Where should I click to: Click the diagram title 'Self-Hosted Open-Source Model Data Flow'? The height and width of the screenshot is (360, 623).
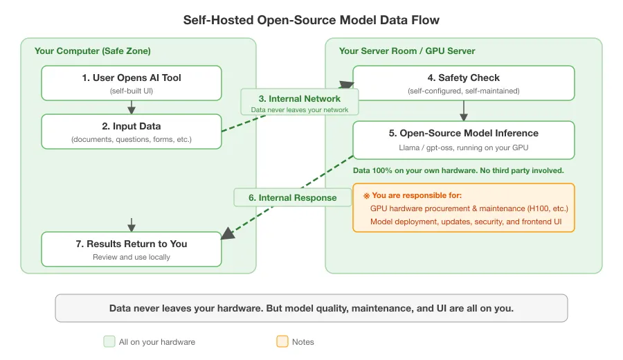(x=311, y=19)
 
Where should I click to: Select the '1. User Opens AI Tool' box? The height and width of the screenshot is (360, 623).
(x=132, y=83)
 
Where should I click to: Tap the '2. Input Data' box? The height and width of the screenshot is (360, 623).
(x=132, y=132)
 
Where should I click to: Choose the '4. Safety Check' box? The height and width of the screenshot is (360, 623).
(x=463, y=83)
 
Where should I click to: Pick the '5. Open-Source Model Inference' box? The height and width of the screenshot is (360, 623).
(x=463, y=140)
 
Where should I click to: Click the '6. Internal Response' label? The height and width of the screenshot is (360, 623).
(x=293, y=197)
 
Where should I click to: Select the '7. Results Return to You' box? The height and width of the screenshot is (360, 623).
(x=132, y=249)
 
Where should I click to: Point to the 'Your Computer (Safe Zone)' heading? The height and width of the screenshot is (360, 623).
(x=93, y=51)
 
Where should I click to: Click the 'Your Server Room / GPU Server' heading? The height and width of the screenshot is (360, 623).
(x=407, y=51)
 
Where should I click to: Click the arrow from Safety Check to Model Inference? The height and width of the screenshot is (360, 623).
(x=464, y=111)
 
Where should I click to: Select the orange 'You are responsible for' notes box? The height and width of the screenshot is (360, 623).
(x=463, y=208)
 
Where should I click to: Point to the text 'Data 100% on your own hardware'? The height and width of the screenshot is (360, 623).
(x=458, y=170)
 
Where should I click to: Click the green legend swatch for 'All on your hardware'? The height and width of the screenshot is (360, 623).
(x=109, y=341)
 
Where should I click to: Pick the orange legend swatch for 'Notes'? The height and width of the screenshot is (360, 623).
(x=282, y=341)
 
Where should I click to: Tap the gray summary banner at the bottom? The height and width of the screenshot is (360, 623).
(x=311, y=308)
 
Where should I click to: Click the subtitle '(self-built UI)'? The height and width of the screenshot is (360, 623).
(x=132, y=91)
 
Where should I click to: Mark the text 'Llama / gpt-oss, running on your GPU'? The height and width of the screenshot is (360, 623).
(x=463, y=147)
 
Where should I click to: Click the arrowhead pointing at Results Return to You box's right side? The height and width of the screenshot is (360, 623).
(x=227, y=235)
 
